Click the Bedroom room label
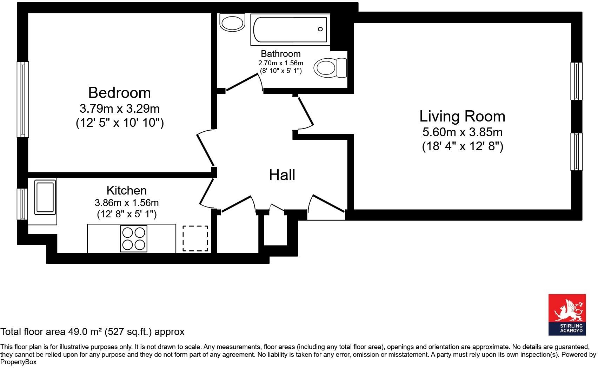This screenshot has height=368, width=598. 119,93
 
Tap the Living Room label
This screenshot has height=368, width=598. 462,117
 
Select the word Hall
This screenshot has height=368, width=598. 282,175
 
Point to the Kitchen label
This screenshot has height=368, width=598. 127,190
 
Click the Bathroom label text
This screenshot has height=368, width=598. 281,54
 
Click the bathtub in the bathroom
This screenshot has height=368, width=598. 290,29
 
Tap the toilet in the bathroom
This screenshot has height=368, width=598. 330,68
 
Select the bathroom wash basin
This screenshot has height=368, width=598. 232,23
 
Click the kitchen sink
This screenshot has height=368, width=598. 45,197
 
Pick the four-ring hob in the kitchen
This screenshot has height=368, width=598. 133,238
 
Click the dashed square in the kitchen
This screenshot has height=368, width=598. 195,238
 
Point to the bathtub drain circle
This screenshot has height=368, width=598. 320,29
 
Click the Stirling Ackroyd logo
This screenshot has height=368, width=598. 567,315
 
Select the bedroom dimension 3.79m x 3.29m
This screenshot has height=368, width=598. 120,109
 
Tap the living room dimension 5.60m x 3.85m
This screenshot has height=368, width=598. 463,132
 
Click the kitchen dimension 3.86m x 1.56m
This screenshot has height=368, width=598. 127,203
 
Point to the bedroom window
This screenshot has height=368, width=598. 23,99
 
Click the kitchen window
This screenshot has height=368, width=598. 22,204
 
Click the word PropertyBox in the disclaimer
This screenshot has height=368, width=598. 18,362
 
